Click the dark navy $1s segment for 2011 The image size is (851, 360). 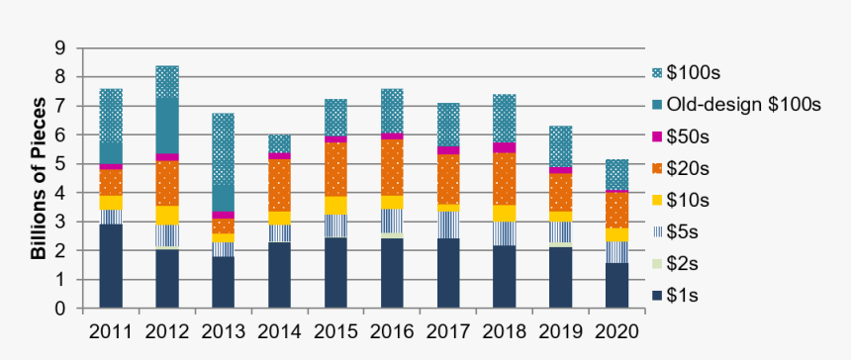(111, 265)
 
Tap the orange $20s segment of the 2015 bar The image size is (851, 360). (336, 169)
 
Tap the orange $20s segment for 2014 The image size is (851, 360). (280, 185)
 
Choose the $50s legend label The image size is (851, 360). (687, 133)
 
